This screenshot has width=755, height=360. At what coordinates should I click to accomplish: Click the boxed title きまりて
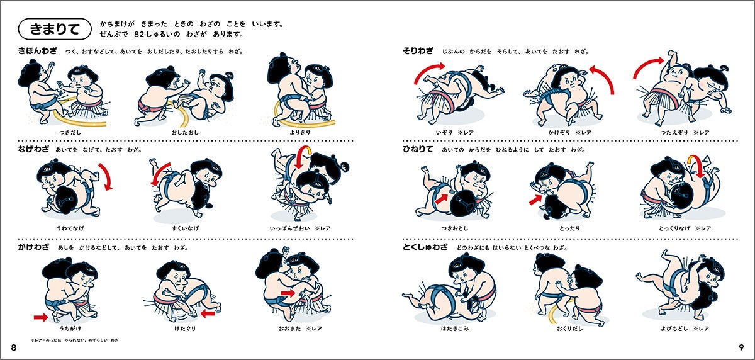[x=55, y=29]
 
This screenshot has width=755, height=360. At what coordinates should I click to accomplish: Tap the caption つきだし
[x=70, y=132]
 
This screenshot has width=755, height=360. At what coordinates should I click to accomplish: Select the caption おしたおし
[x=185, y=132]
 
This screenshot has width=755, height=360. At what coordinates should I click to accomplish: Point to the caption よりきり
[x=299, y=132]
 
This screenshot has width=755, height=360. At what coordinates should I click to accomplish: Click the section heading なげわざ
[x=33, y=149]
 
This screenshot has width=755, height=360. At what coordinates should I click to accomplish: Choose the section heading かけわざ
[x=33, y=247]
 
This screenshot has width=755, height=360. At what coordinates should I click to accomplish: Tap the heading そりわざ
[x=418, y=51]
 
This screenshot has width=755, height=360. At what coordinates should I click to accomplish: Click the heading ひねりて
[x=418, y=149]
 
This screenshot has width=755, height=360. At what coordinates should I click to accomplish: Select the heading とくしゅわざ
[x=425, y=247]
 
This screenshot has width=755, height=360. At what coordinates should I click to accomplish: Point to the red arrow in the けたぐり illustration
[x=208, y=314]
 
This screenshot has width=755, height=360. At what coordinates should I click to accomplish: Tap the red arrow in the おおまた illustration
[x=288, y=293]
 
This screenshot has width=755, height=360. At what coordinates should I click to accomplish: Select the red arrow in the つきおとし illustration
[x=442, y=198]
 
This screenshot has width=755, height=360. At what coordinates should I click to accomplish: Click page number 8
[x=14, y=347]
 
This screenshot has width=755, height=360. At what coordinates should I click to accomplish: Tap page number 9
[x=741, y=347]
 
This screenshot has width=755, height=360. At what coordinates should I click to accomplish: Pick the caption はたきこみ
[x=455, y=329]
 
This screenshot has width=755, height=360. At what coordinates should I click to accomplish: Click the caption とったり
[x=569, y=228]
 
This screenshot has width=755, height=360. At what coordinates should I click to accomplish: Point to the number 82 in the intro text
[x=139, y=35]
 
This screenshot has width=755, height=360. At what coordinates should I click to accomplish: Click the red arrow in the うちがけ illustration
[x=41, y=317]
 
